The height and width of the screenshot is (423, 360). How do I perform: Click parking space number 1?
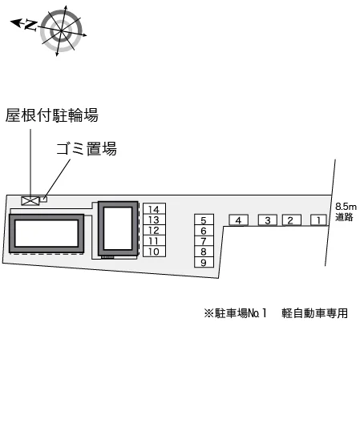318,220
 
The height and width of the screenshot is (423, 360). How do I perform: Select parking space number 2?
291,220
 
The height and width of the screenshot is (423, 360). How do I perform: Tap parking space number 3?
268,220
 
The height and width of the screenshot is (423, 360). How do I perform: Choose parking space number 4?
238,220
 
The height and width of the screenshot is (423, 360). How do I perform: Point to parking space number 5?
204,220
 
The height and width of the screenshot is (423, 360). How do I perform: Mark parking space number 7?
204,241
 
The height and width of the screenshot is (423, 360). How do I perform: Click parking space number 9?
204,262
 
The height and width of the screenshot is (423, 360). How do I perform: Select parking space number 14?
154,209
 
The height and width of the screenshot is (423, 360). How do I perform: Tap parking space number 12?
154,230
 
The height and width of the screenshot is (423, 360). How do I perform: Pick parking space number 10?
154,252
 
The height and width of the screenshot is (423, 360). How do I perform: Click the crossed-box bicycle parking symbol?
30,201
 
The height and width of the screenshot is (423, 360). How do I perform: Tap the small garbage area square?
43,199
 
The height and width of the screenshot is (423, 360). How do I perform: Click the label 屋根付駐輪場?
52,115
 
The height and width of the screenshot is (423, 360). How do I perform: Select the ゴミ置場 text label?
87,149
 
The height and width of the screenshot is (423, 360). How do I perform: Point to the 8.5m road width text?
346,207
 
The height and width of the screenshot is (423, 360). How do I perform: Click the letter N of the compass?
31,25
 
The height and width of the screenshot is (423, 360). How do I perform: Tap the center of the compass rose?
61,30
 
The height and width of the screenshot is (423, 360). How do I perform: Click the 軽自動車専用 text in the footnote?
314,313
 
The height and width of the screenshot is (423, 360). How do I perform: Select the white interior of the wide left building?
47,233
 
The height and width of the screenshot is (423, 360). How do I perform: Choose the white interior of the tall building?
118,228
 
